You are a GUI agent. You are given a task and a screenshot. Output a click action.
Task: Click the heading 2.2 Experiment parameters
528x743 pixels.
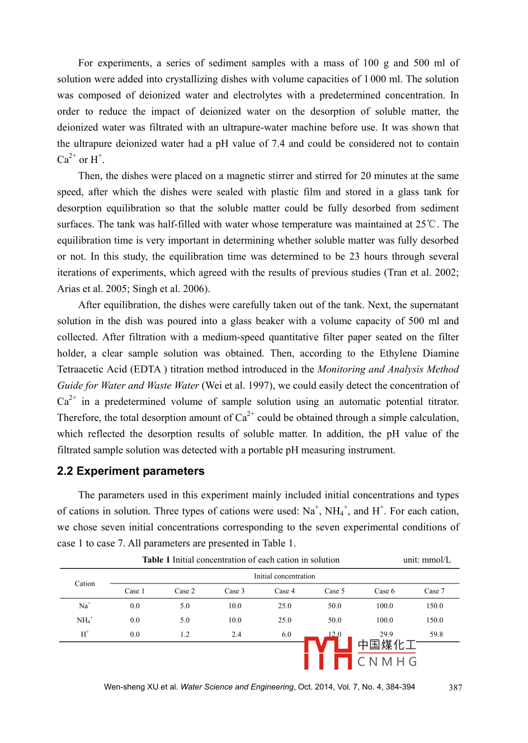tap(130, 471)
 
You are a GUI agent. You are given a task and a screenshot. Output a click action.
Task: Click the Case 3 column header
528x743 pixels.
tap(234, 591)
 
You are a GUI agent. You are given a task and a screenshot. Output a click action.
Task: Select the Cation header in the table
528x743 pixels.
tap(85, 583)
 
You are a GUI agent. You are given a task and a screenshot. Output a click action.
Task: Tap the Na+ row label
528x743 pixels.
tap(84, 605)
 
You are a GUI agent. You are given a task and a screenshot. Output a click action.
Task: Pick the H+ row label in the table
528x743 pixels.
tap(84, 634)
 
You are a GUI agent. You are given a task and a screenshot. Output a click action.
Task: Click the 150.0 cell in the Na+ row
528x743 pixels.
tap(435, 606)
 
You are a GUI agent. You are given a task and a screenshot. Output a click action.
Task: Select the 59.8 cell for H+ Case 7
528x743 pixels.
tap(436, 634)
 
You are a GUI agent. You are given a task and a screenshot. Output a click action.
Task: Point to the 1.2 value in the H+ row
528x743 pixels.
tap(185, 634)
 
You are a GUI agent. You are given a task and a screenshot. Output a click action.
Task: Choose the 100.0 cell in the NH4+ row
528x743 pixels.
tap(384, 620)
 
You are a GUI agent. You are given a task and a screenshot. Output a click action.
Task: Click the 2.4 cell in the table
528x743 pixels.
tap(237, 634)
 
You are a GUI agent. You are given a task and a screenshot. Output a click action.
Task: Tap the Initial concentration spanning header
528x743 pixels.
tap(284, 576)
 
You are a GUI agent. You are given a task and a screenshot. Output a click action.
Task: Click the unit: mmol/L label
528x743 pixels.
tap(427, 560)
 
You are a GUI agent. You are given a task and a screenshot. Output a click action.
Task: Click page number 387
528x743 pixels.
tap(455, 688)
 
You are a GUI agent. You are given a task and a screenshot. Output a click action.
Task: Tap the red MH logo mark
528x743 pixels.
tap(328, 653)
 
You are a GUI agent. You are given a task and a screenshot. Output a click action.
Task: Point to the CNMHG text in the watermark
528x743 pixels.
tap(387, 662)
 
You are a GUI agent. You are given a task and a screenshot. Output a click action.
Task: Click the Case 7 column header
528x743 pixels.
tap(434, 591)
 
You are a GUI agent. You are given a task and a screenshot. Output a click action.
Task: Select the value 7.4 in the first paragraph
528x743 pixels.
tap(278, 144)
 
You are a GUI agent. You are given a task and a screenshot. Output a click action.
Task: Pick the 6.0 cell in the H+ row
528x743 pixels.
tap(286, 634)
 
